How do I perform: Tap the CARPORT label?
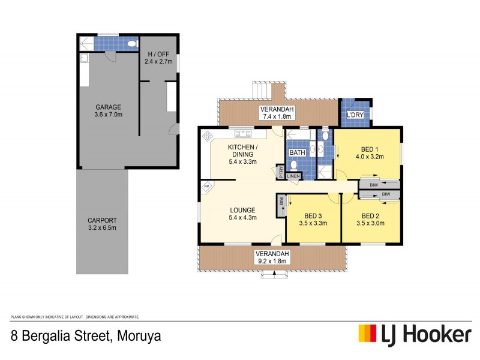click(101, 220)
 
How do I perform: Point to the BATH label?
click(298, 152)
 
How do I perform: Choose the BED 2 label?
click(369, 215)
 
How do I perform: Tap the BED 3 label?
click(313, 216)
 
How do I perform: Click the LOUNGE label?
click(243, 210)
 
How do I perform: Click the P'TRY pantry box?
click(280, 172)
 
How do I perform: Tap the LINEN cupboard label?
click(293, 176)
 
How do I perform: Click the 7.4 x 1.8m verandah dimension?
click(275, 117)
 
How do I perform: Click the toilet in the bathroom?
click(293, 167)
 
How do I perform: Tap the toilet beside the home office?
click(133, 44)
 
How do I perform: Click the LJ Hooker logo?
click(414, 334)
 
